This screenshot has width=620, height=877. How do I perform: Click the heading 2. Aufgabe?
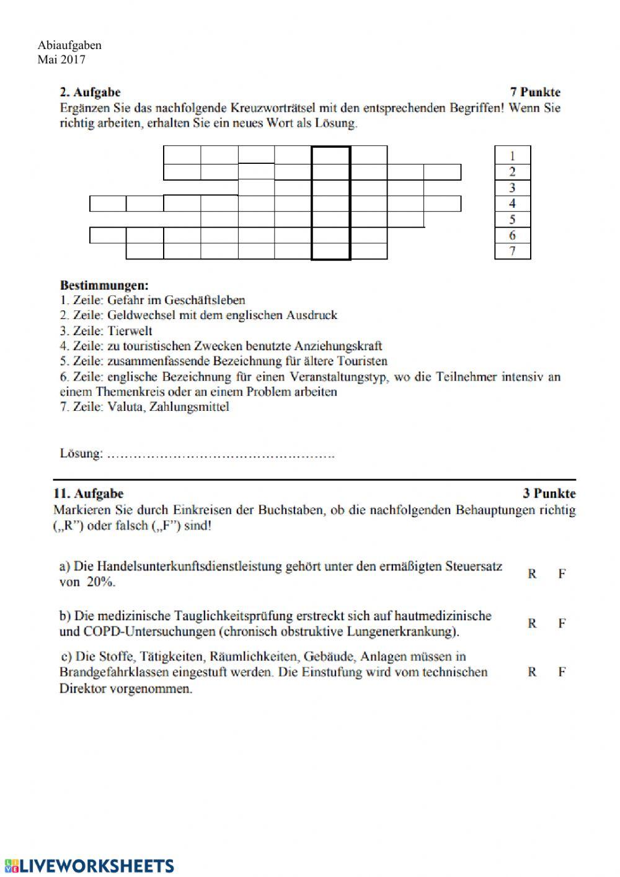[90, 93]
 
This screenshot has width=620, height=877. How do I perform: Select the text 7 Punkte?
[535, 92]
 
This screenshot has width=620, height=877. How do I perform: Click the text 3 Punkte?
[549, 494]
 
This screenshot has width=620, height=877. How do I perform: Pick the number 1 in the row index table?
[512, 155]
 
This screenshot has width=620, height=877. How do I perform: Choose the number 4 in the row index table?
[512, 204]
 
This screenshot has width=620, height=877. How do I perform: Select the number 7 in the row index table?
[512, 251]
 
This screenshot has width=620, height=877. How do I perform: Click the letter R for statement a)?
[532, 574]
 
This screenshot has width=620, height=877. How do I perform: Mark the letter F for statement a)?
[562, 574]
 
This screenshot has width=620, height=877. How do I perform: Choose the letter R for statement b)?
[532, 623]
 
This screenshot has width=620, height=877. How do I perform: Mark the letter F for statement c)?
[562, 672]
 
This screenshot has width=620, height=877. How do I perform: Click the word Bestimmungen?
[104, 286]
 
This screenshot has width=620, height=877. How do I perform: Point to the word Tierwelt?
[130, 331]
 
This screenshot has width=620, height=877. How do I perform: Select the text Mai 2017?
[61, 60]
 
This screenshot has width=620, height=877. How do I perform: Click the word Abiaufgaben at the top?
[69, 45]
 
